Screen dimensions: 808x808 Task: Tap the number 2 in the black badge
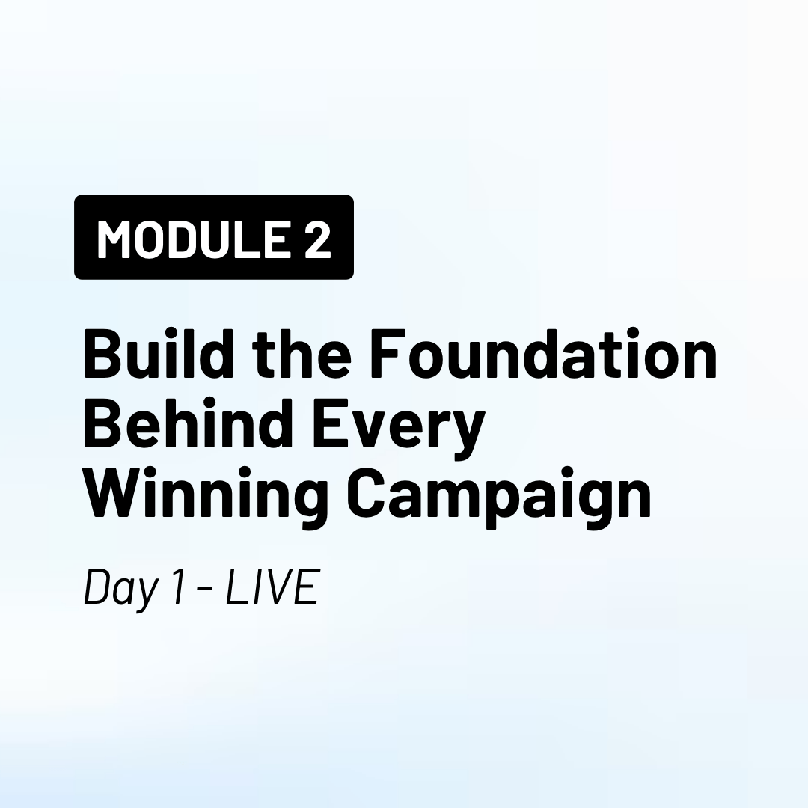click(317, 239)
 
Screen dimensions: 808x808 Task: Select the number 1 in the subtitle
click(178, 586)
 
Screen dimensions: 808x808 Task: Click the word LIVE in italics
click(273, 586)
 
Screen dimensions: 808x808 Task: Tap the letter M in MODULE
click(112, 239)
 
